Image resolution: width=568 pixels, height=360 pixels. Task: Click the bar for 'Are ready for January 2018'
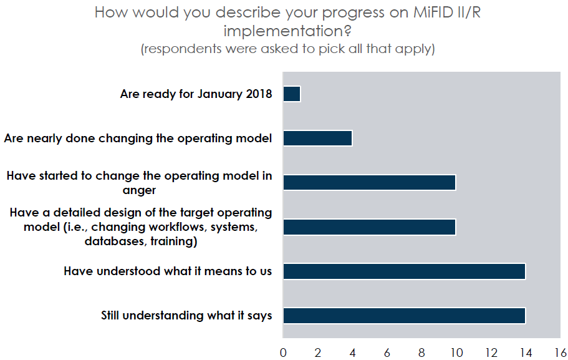pos(292,94)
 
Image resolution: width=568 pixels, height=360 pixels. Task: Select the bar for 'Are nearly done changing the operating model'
pos(318,138)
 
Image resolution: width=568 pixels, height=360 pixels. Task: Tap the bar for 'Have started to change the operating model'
pos(370,182)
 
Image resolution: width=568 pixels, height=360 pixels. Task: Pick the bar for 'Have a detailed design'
pos(370,227)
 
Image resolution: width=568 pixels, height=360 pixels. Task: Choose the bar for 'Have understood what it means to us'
pos(404,271)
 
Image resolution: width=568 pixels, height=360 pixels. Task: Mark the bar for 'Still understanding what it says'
pos(404,316)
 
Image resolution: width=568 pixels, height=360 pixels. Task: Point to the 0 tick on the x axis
pos(283,353)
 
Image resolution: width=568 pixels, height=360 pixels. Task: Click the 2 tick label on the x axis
pos(318,353)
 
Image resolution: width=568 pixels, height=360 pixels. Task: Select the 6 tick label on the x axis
pos(387,353)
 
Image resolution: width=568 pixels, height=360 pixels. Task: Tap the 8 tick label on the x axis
pos(421,353)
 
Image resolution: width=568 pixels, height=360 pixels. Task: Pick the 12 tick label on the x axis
pos(491,353)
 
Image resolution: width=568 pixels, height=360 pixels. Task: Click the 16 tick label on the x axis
pos(561,353)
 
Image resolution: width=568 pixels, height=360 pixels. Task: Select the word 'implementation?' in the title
pos(287,31)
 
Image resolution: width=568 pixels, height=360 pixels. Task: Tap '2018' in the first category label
pos(259,94)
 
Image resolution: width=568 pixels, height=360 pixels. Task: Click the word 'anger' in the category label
pos(139,190)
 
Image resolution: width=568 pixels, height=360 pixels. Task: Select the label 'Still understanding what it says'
pos(186,316)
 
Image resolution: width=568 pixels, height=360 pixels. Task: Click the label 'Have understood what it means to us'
pos(168,271)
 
